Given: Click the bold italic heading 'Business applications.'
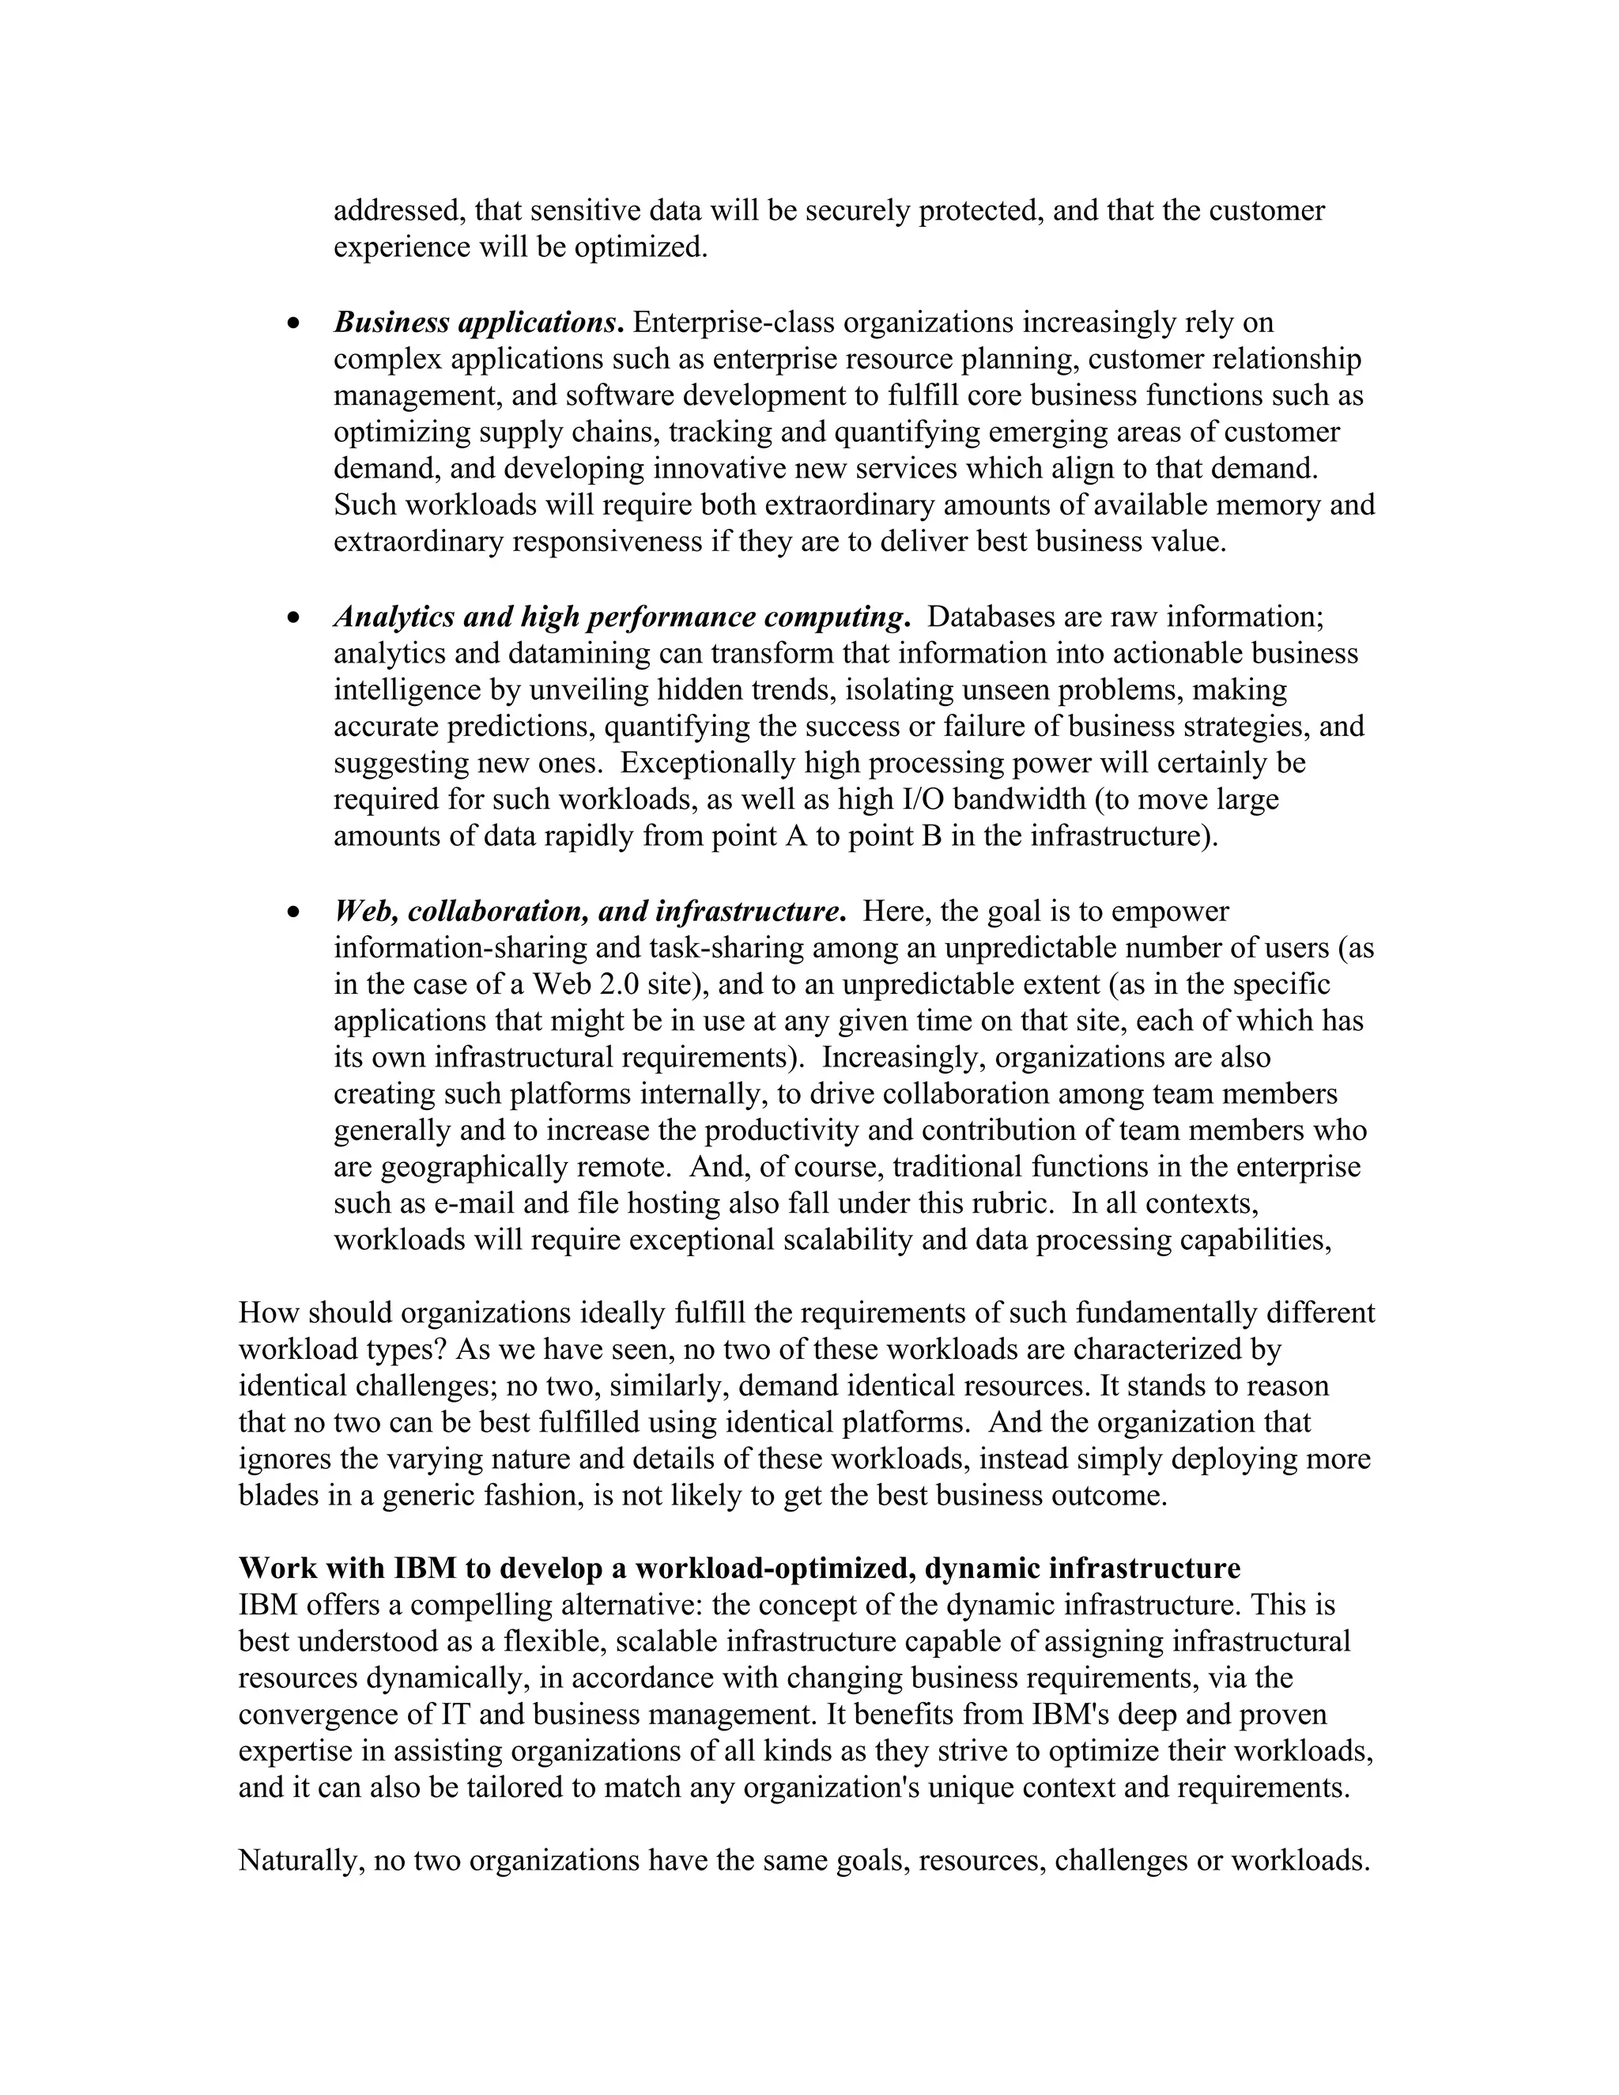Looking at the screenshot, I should click(478, 323).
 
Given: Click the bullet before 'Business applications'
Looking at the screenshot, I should click(294, 324).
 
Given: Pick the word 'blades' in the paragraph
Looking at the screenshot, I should click(280, 1497).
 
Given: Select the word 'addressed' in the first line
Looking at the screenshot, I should click(395, 211).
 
